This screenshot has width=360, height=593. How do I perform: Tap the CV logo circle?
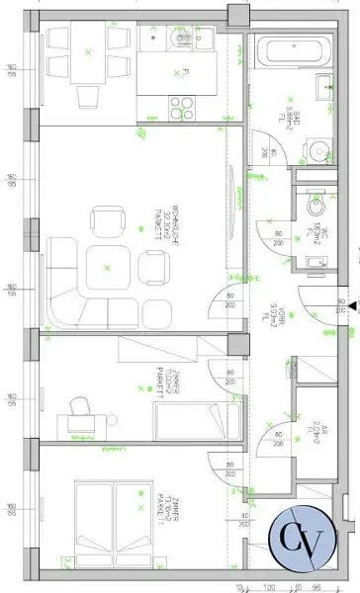304,538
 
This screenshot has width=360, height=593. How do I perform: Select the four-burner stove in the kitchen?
182,104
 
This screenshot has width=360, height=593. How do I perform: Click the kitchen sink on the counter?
205,39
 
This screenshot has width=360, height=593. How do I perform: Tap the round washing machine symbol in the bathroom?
318,151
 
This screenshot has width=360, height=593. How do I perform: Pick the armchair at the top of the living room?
106,218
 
